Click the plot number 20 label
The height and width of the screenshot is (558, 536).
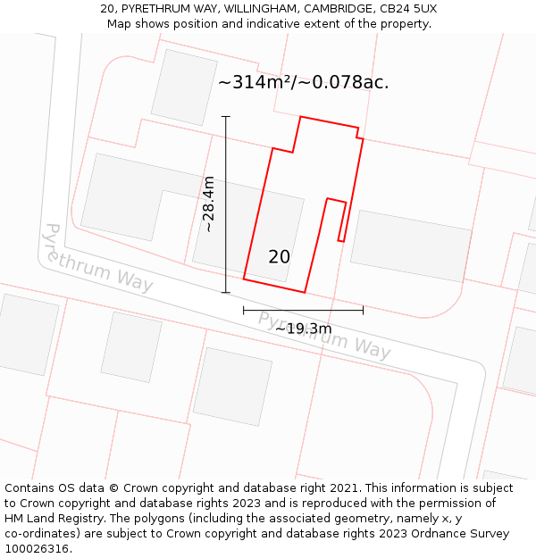pyautogui.click(x=279, y=257)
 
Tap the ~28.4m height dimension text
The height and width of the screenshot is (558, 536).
pyautogui.click(x=208, y=204)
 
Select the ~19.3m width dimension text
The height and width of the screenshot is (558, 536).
pyautogui.click(x=303, y=329)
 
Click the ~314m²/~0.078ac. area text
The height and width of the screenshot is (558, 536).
pyautogui.click(x=304, y=82)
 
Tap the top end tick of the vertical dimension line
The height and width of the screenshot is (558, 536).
pyautogui.click(x=226, y=116)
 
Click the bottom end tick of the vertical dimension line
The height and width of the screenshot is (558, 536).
pyautogui.click(x=226, y=292)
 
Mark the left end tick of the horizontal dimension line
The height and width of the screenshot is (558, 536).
pyautogui.click(x=244, y=310)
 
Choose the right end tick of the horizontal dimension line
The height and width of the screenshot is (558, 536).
pyautogui.click(x=363, y=310)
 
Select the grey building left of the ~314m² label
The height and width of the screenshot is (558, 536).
pyautogui.click(x=184, y=87)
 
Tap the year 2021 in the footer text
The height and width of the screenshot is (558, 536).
pyautogui.click(x=345, y=488)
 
